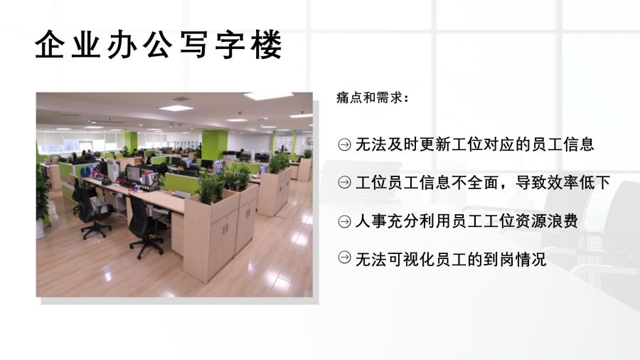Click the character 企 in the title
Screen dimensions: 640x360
click(49, 45)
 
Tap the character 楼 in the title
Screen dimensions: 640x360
click(267, 45)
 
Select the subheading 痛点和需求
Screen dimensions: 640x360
click(369, 98)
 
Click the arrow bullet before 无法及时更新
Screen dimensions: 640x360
click(344, 144)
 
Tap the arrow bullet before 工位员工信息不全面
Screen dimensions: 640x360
click(344, 182)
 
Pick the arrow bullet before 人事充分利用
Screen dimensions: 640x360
click(344, 221)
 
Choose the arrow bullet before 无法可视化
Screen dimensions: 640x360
click(344, 258)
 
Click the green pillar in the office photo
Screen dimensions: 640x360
click(214, 146)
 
